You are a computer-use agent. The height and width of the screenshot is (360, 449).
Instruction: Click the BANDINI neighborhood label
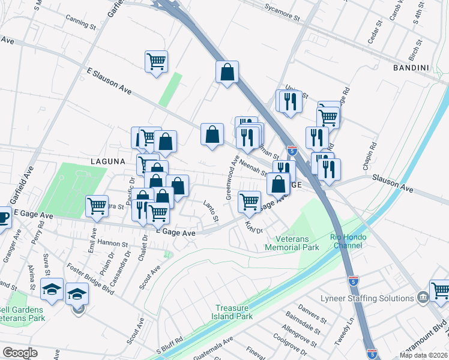click(411, 68)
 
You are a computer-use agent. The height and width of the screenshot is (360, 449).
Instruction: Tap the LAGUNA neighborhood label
click(107, 161)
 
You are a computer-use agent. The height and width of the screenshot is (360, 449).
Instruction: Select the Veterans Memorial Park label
click(292, 243)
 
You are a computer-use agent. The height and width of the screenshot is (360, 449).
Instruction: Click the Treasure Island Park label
click(234, 312)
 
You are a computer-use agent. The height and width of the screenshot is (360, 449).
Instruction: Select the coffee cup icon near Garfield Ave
click(3, 217)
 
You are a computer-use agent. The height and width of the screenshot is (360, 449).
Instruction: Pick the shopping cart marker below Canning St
click(156, 61)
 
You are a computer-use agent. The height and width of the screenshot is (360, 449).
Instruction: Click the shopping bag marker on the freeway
click(228, 72)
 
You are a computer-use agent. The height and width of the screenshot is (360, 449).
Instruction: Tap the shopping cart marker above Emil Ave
click(97, 206)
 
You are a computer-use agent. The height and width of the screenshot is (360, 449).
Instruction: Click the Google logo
click(20, 353)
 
